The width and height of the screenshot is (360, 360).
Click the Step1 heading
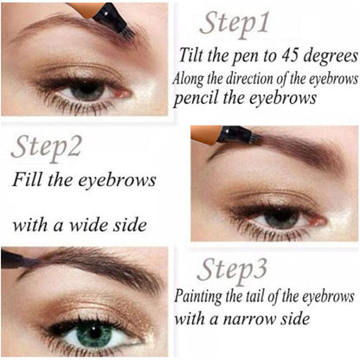[x=235, y=24]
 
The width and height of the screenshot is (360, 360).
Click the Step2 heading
[x=47, y=148]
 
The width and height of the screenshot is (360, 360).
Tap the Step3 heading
[x=232, y=271]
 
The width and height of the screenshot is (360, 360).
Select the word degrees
[x=331, y=56]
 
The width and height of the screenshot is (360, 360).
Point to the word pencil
[x=196, y=99]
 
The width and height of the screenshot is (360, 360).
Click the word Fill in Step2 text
[x=28, y=179]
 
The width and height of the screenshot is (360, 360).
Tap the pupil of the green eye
[x=94, y=332]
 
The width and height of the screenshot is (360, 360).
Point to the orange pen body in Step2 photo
[x=206, y=134]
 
